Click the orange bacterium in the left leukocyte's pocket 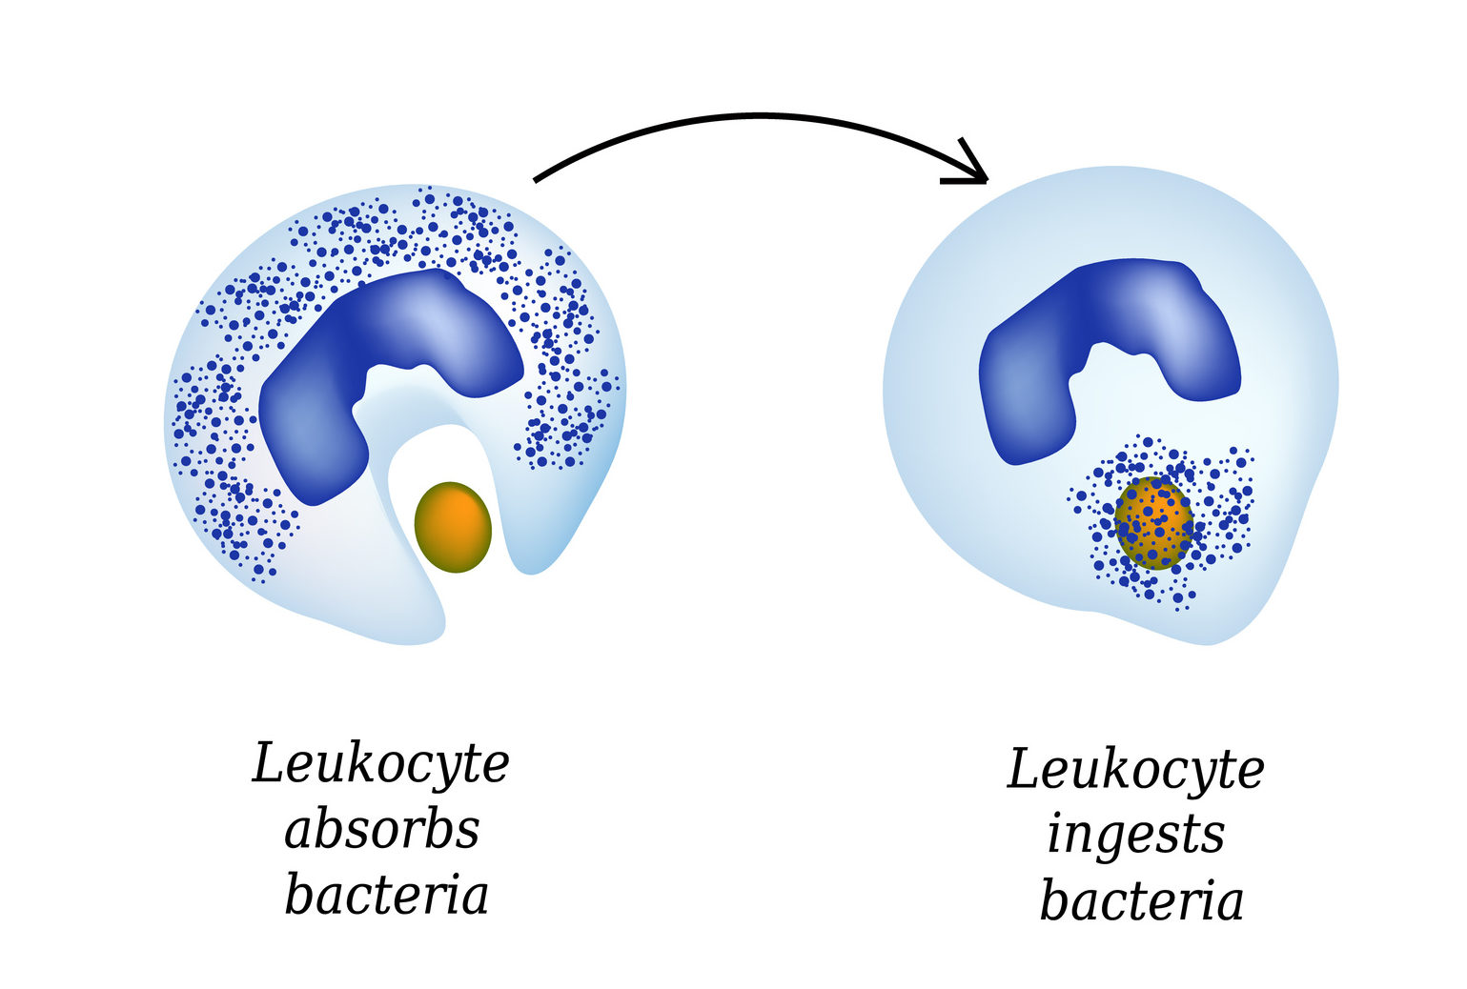[x=453, y=527]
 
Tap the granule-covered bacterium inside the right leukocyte [x=1153, y=523]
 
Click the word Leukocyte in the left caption [x=380, y=765]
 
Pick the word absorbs [x=381, y=830]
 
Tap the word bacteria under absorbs [x=386, y=896]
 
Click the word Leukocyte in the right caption [x=1135, y=771]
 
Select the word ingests [x=1135, y=836]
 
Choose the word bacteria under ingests [x=1141, y=901]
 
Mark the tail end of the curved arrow [x=537, y=178]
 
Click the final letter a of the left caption [x=473, y=898]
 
